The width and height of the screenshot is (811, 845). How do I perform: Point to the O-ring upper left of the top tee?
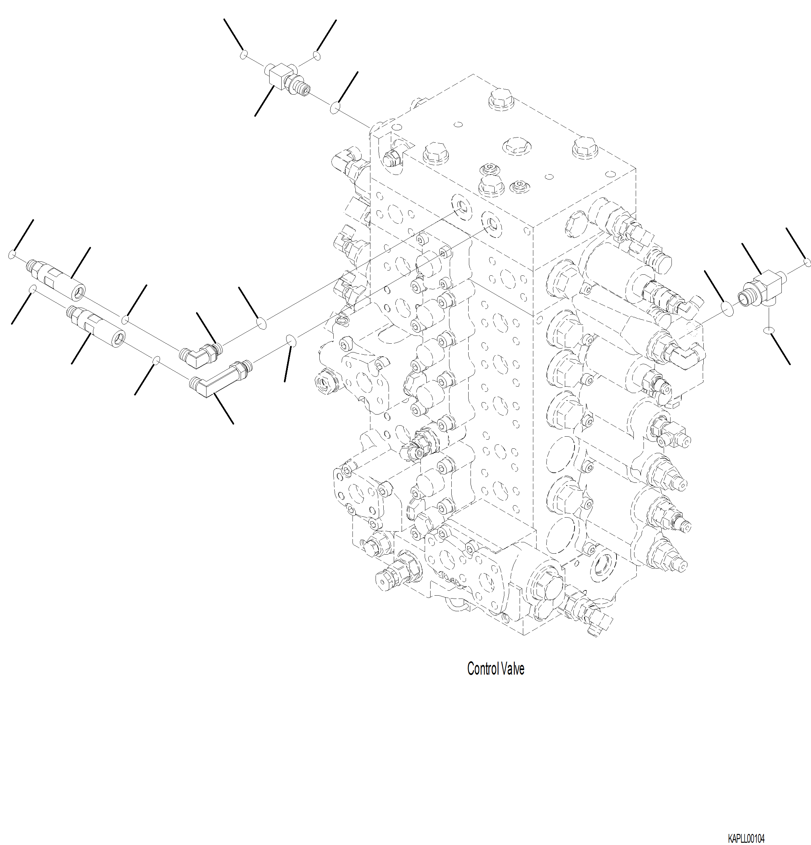pos(244,54)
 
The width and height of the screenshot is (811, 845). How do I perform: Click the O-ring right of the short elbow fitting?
pos(261,323)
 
